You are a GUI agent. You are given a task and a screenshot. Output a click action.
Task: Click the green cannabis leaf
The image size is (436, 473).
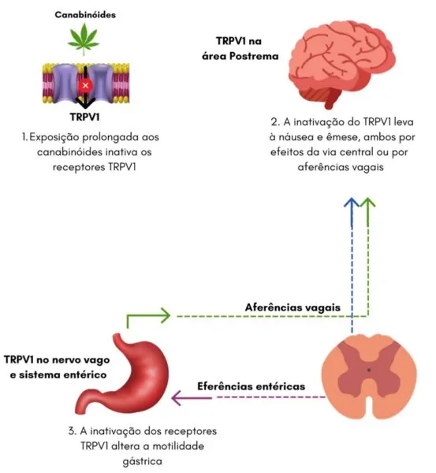[x=84, y=38]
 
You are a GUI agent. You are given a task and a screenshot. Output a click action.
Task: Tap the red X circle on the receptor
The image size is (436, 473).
[x=85, y=85]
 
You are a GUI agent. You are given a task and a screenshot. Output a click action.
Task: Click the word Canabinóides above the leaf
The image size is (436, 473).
[x=85, y=14]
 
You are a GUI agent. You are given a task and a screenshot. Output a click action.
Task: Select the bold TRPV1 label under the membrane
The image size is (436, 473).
[x=85, y=117]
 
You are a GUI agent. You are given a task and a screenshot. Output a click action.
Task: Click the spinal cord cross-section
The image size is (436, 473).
[x=369, y=376]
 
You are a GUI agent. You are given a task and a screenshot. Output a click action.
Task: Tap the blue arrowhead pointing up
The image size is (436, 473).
[x=352, y=203]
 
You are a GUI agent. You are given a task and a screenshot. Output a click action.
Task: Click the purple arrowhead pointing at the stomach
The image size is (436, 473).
[x=177, y=398]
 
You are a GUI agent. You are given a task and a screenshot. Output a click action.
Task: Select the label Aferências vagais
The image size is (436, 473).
[x=293, y=307]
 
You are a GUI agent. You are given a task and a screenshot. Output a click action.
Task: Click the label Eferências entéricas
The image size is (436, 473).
[x=251, y=386]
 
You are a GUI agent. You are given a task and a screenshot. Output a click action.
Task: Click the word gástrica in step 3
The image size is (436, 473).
[x=143, y=461]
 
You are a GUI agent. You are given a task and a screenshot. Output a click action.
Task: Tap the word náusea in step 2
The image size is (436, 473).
[x=293, y=137]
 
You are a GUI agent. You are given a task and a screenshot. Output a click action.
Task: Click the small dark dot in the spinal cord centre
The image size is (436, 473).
[x=368, y=370]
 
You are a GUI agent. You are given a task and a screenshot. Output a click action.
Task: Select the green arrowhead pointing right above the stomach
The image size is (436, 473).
[x=166, y=315]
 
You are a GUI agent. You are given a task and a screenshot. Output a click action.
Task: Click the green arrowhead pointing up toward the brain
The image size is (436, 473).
[x=368, y=203]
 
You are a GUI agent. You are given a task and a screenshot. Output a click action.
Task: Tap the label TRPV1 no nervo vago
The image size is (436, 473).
[x=57, y=360]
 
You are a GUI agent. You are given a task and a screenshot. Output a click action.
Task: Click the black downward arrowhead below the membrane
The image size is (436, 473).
[x=85, y=102]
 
